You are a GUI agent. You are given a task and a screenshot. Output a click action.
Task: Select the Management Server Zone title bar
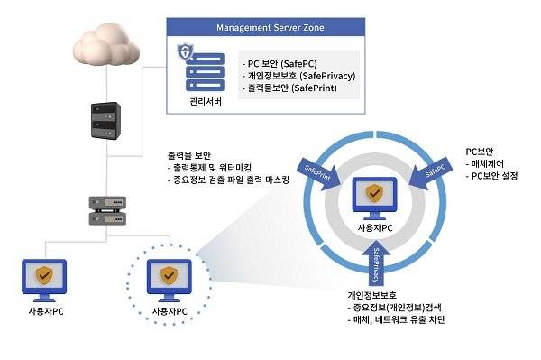(x=270, y=26)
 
